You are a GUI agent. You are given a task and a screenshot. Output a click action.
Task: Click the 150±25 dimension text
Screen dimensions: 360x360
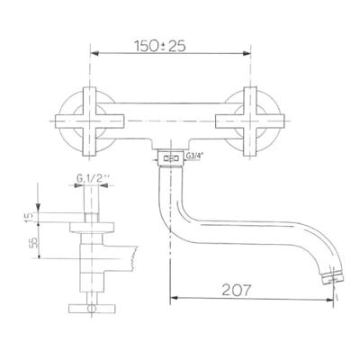tap(160, 46)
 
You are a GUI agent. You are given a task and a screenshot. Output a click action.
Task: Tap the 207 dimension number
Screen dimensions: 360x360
tap(236, 290)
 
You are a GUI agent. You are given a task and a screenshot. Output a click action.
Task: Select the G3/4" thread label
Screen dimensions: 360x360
tap(193, 156)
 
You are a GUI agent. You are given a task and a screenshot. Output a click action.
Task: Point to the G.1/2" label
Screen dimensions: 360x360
tap(93, 179)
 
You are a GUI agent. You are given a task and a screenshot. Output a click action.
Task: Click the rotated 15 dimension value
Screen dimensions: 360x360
tap(28, 217)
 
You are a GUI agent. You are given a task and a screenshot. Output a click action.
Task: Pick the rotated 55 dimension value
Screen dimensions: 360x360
tap(35, 242)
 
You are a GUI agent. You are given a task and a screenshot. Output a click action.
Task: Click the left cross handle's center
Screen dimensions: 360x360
tap(90, 121)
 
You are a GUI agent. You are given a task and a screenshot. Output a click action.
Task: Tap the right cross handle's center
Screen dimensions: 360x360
tap(250, 121)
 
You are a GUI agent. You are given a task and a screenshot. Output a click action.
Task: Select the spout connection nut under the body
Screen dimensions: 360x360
tap(170, 157)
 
